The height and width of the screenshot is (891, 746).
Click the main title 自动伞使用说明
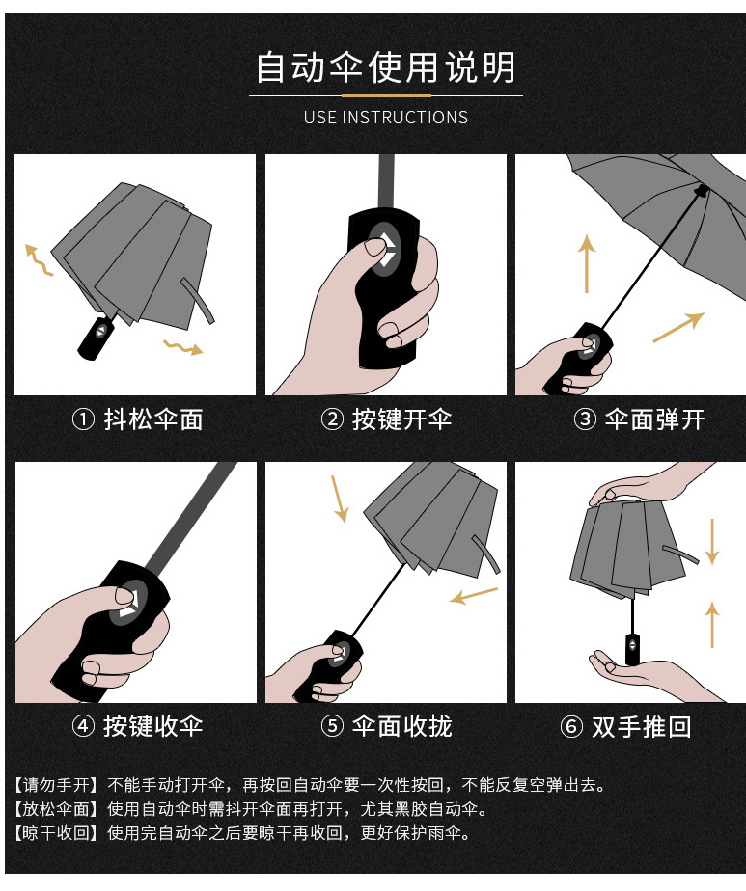pyautogui.click(x=385, y=68)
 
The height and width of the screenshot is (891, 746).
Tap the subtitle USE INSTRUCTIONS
pyautogui.click(x=385, y=118)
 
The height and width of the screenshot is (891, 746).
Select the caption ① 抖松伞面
pyautogui.click(x=138, y=419)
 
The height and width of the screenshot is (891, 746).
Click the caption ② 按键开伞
pyautogui.click(x=386, y=419)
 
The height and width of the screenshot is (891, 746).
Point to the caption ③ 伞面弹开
pyautogui.click(x=639, y=419)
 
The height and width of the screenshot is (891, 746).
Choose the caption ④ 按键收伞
pyautogui.click(x=138, y=726)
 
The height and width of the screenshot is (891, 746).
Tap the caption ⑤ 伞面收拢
pyautogui.click(x=386, y=726)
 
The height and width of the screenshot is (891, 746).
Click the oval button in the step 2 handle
pyautogui.click(x=385, y=249)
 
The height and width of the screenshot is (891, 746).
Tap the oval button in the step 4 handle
pyautogui.click(x=127, y=601)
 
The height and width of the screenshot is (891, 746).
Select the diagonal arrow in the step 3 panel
pyautogui.click(x=678, y=327)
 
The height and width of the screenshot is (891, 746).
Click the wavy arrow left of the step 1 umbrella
pyautogui.click(x=39, y=259)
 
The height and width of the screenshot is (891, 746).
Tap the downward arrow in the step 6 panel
pyautogui.click(x=711, y=541)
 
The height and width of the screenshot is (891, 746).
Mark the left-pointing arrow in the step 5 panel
pyautogui.click(x=474, y=596)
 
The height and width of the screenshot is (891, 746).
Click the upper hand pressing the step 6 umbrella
pyautogui.click(x=632, y=486)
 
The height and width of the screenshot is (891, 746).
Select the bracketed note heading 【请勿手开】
pyautogui.click(x=56, y=785)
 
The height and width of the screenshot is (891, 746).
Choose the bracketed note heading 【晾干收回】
pyautogui.click(x=56, y=832)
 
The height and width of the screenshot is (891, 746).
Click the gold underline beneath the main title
pyautogui.click(x=385, y=95)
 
